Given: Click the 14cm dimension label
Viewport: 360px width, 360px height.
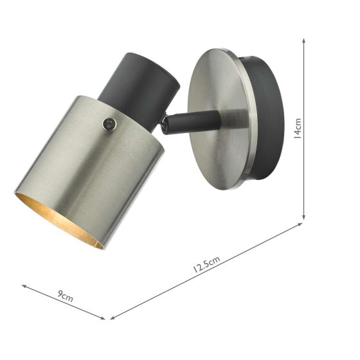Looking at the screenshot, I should (298, 127).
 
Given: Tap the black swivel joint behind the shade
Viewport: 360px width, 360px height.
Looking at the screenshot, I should (166, 124).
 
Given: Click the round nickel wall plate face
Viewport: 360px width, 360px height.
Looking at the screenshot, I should (219, 116).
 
